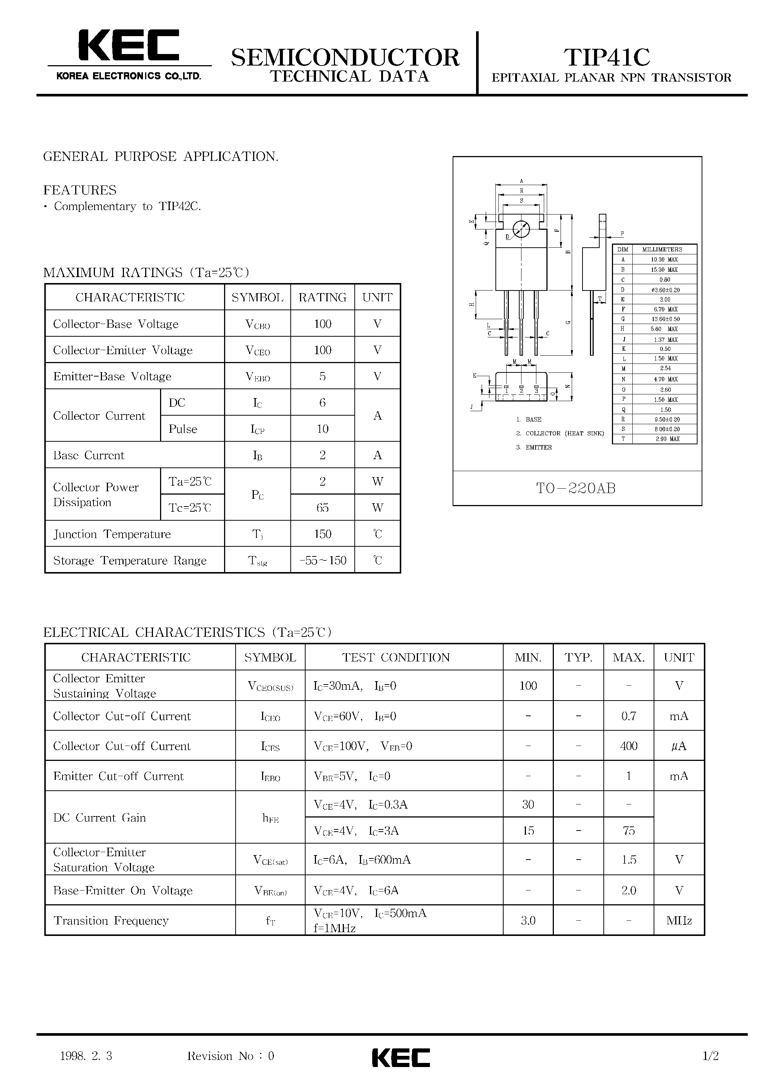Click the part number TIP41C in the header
[607, 57]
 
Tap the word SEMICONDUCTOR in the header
[345, 57]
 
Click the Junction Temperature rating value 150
[322, 534]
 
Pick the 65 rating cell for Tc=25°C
[322, 508]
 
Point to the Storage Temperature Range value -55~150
[322, 560]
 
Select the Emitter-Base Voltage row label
[112, 377]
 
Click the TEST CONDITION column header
[396, 657]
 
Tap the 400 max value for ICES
[629, 746]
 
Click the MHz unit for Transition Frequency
[679, 921]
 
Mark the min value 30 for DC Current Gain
[528, 804]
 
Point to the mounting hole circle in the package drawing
[521, 229]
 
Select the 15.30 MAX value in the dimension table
[664, 269]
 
